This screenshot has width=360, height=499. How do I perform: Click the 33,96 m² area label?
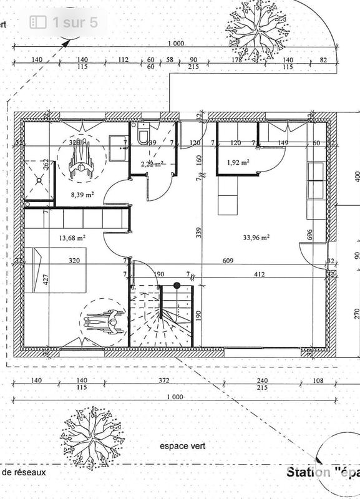(x=256, y=237)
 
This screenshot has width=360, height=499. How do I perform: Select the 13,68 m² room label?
(x=72, y=238)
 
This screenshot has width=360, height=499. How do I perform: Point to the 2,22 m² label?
(x=152, y=164)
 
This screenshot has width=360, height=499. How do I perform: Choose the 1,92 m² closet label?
(x=238, y=162)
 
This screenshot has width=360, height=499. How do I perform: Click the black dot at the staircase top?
(x=177, y=286)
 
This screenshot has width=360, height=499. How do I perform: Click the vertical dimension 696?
(x=309, y=235)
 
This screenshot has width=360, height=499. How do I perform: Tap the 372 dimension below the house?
(x=163, y=380)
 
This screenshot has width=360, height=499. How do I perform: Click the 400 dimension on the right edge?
(x=356, y=175)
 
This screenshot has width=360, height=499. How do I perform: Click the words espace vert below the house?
(x=182, y=446)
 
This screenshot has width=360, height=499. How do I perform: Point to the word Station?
(x=308, y=472)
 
